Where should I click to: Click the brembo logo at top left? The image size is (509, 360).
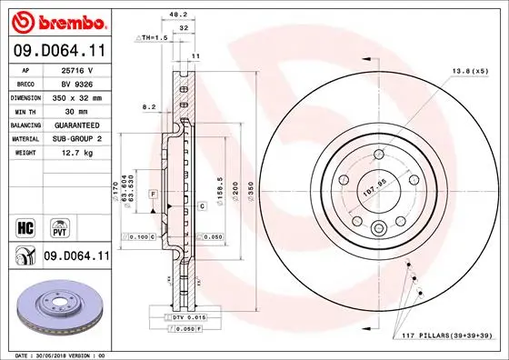pyautogui.click(x=57, y=20)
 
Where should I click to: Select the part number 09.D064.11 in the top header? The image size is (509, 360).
pyautogui.click(x=59, y=52)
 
